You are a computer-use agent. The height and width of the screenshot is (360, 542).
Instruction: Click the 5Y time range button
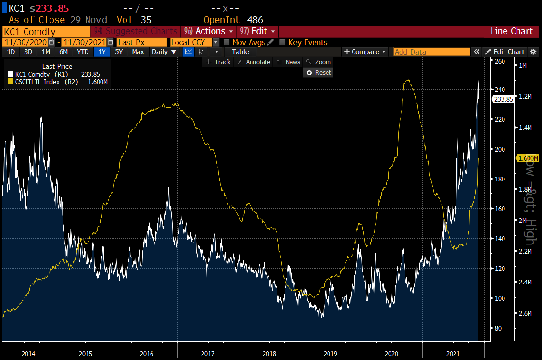pos(119,52)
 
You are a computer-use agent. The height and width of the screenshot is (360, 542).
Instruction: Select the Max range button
pos(138,52)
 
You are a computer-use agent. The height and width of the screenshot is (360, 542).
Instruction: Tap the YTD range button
pos(83,52)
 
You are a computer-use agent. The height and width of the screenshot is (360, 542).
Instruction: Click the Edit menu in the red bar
pos(258,31)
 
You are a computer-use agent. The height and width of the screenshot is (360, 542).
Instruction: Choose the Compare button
pos(365,52)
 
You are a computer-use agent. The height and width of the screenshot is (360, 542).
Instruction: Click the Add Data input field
pos(432,52)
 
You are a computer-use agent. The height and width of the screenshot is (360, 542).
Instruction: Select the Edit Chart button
pos(505,52)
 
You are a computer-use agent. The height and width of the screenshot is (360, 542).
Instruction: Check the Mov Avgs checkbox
pos(227,42)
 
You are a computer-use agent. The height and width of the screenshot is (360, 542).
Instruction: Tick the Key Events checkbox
pos(282,42)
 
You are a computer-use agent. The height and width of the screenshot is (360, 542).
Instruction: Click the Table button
pos(240,52)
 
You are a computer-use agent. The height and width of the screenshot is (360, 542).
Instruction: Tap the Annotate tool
pos(254,62)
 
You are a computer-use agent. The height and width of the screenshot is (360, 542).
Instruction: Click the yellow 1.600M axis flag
pos(527,158)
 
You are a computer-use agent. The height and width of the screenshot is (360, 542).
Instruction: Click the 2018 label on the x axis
pos(269,354)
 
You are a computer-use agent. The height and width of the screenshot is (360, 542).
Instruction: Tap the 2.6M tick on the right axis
pos(526,313)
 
